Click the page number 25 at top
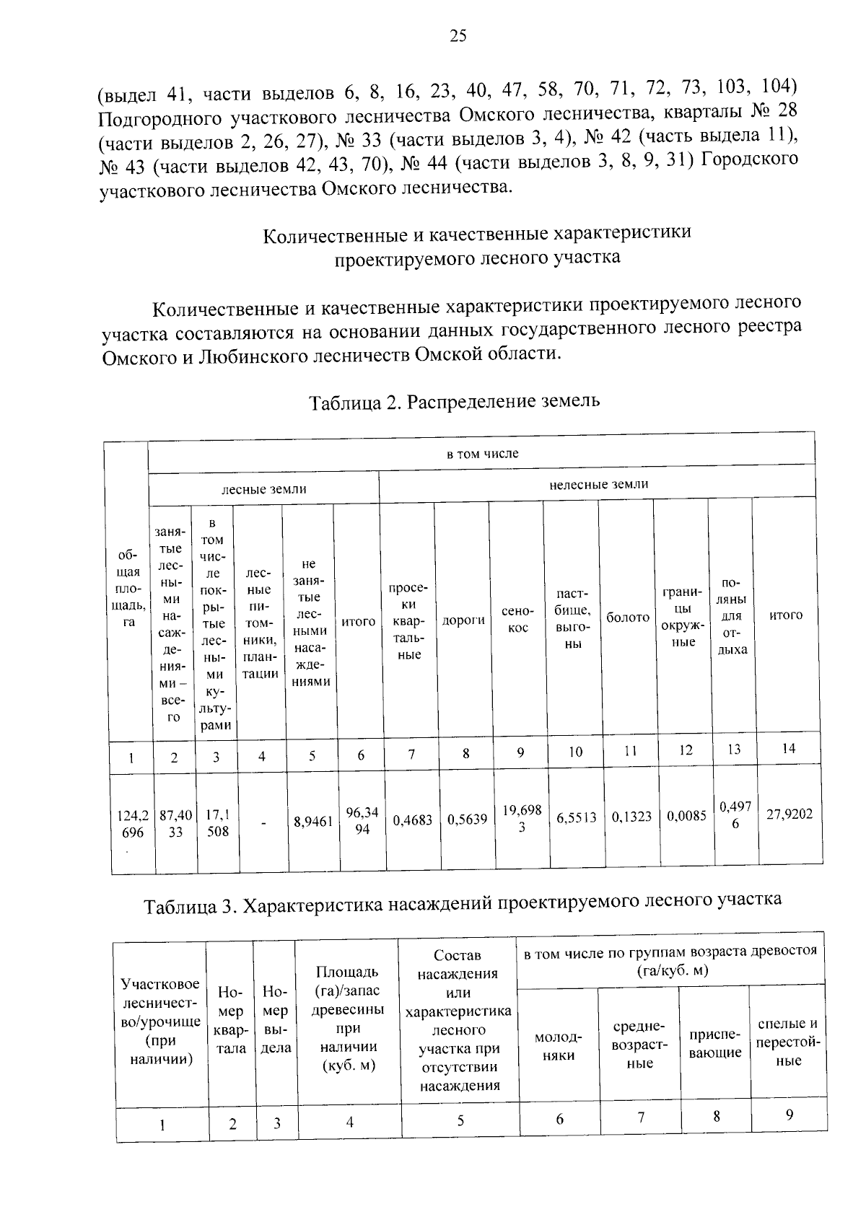point(458,36)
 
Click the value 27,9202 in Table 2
point(790,814)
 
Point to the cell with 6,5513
point(576,817)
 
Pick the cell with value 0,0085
point(686,816)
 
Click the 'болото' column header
point(628,618)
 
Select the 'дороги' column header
point(463,620)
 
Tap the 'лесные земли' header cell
point(263,489)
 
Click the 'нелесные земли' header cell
point(598,484)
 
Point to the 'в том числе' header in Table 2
point(481,454)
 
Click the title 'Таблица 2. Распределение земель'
point(454,400)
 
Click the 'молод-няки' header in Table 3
point(558,1046)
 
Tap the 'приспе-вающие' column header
point(715,1044)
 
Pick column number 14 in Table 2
point(788,748)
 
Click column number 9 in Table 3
point(790,1115)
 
